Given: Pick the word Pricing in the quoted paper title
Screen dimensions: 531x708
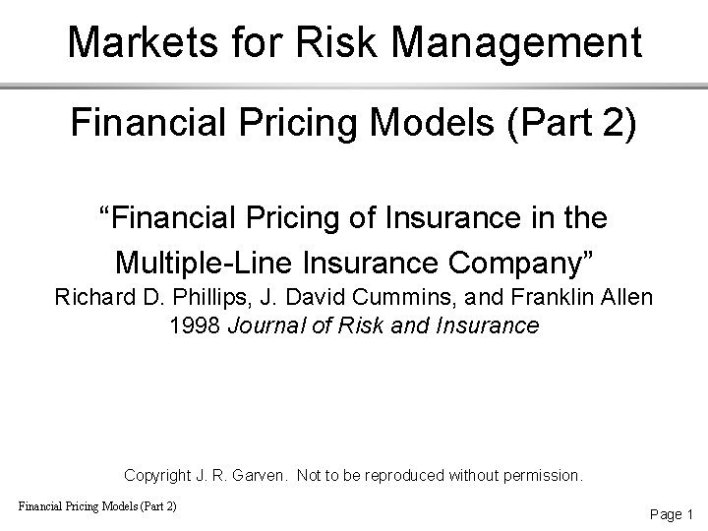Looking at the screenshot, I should point(269,218).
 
